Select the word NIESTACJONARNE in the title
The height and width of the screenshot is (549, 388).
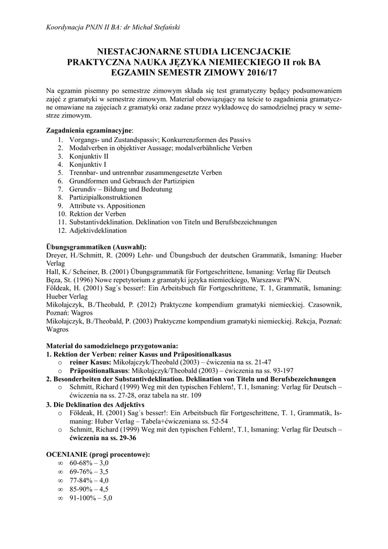click(136, 51)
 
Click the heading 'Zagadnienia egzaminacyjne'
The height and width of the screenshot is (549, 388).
click(89, 130)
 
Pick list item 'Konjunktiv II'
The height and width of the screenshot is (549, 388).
click(89, 156)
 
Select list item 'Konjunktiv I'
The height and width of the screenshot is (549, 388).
click(88, 165)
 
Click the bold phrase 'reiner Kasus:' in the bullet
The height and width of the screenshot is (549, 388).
click(89, 362)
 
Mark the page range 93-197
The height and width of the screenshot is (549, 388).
click(281, 370)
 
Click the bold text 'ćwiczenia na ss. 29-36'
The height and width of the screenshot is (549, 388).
click(102, 437)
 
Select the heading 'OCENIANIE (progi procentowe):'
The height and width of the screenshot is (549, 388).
click(98, 454)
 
